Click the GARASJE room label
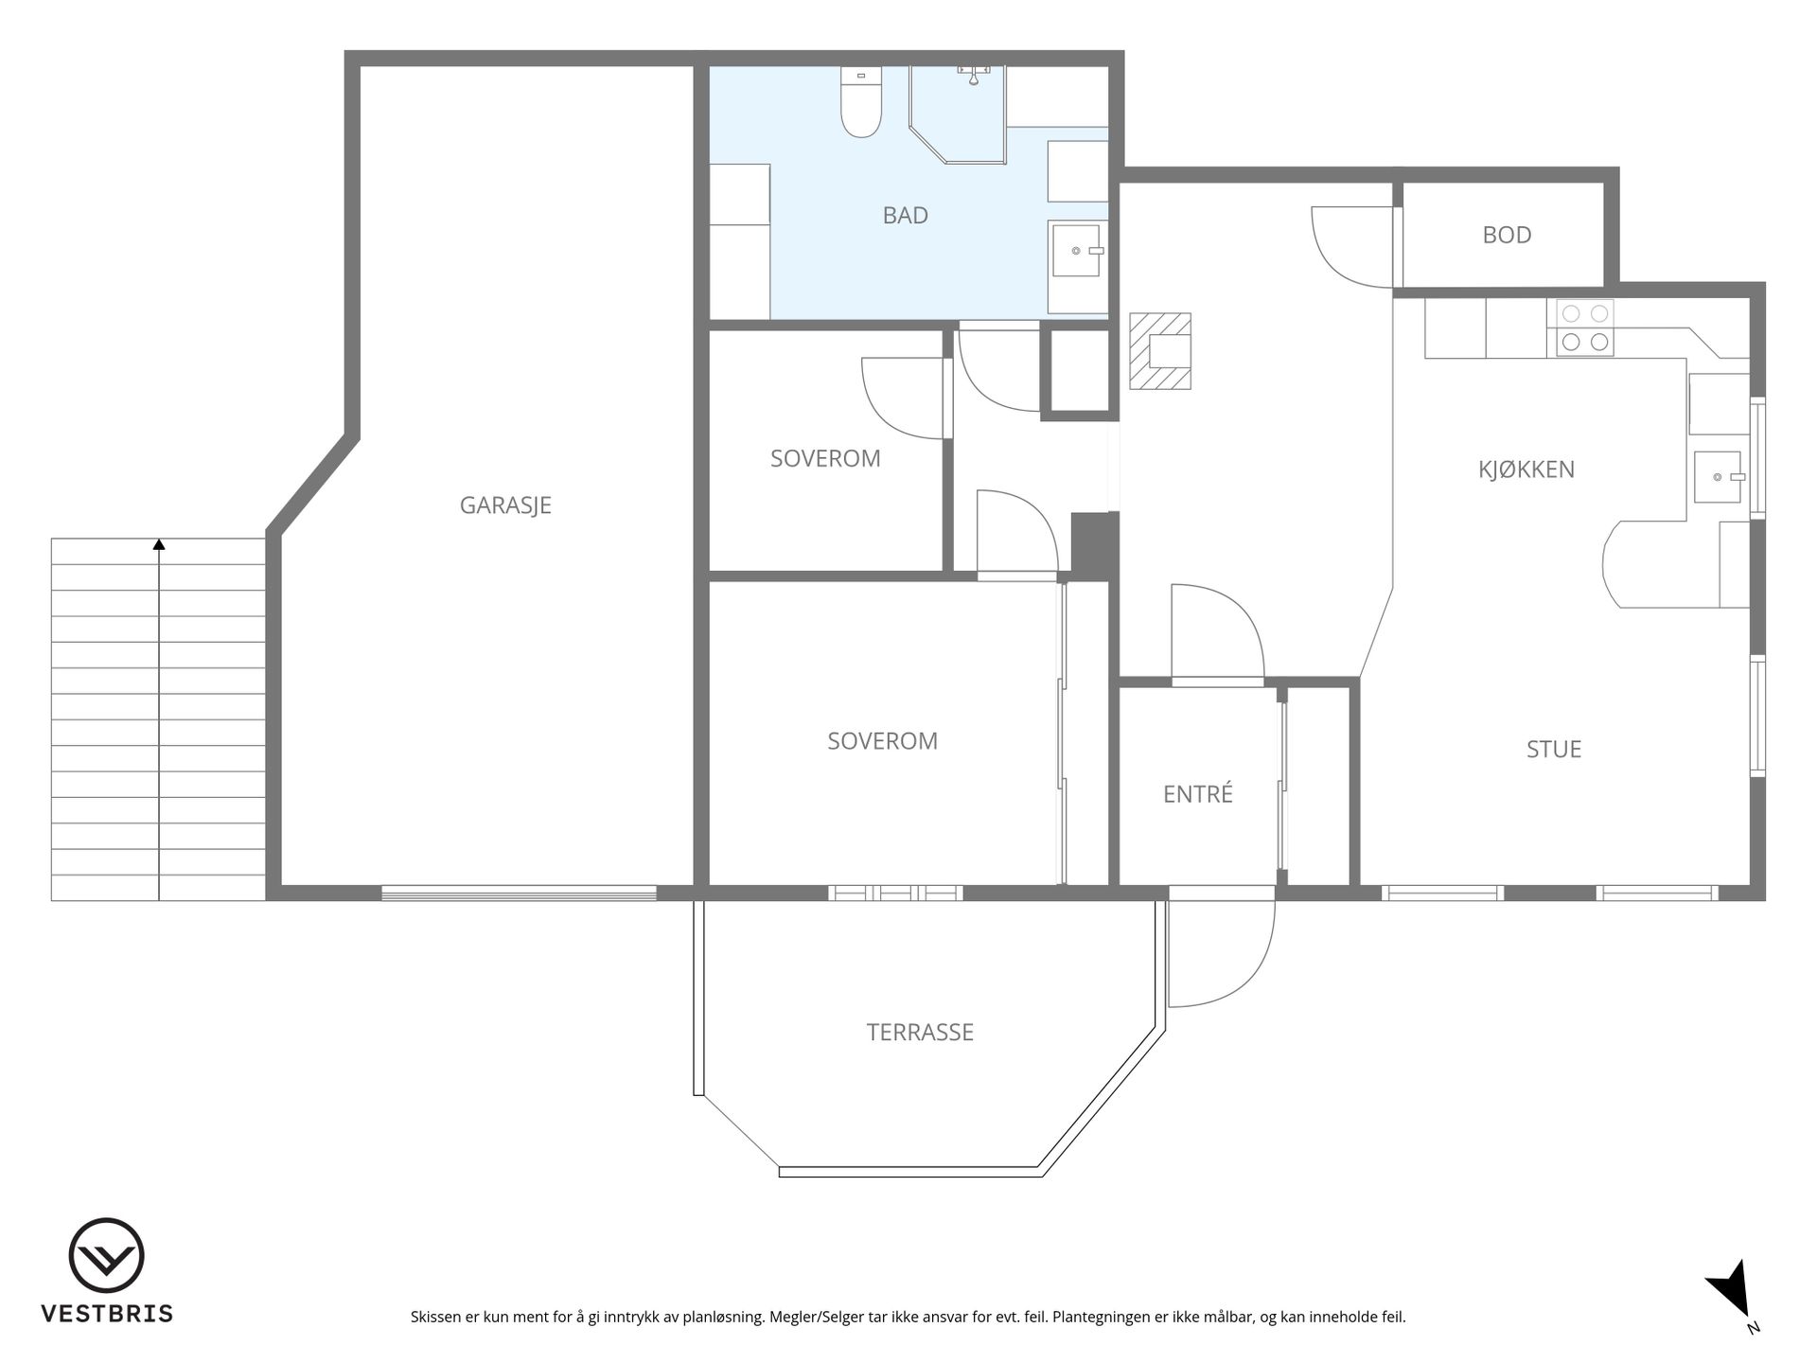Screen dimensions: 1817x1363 click(x=505, y=505)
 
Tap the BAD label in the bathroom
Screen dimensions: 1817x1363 click(x=905, y=216)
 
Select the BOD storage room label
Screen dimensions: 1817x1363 click(x=1507, y=235)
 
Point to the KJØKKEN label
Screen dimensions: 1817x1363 click(x=1526, y=469)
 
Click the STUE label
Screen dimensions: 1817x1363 click(x=1554, y=749)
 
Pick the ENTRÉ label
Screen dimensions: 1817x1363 click(x=1198, y=793)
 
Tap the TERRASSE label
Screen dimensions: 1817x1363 click(x=920, y=1032)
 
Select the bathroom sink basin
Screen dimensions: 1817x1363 click(x=1077, y=250)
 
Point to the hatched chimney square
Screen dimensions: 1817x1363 click(x=1159, y=351)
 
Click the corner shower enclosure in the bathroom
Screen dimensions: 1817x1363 click(x=957, y=114)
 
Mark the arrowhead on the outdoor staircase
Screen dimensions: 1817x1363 click(x=159, y=544)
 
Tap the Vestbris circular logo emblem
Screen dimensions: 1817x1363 click(x=106, y=1256)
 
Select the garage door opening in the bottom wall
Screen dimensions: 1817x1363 click(x=519, y=893)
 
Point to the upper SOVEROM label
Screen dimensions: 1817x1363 click(x=825, y=458)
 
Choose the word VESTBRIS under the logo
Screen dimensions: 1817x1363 click(x=106, y=1314)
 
